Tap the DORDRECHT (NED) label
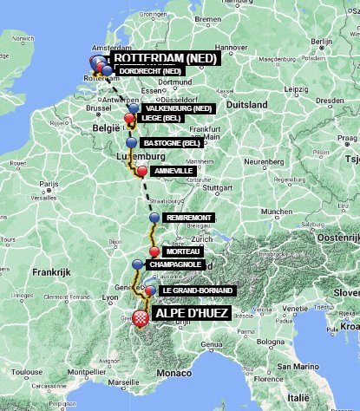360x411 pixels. [149, 70]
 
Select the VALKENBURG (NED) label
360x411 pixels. [179, 108]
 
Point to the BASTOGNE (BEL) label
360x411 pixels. [172, 142]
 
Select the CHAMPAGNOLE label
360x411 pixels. [176, 264]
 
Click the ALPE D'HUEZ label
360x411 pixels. [191, 314]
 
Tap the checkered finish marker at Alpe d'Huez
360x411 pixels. [140, 316]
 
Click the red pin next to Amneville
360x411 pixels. [141, 171]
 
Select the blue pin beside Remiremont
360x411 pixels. [154, 217]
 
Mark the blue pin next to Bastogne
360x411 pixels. [131, 142]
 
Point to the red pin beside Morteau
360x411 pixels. [154, 251]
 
